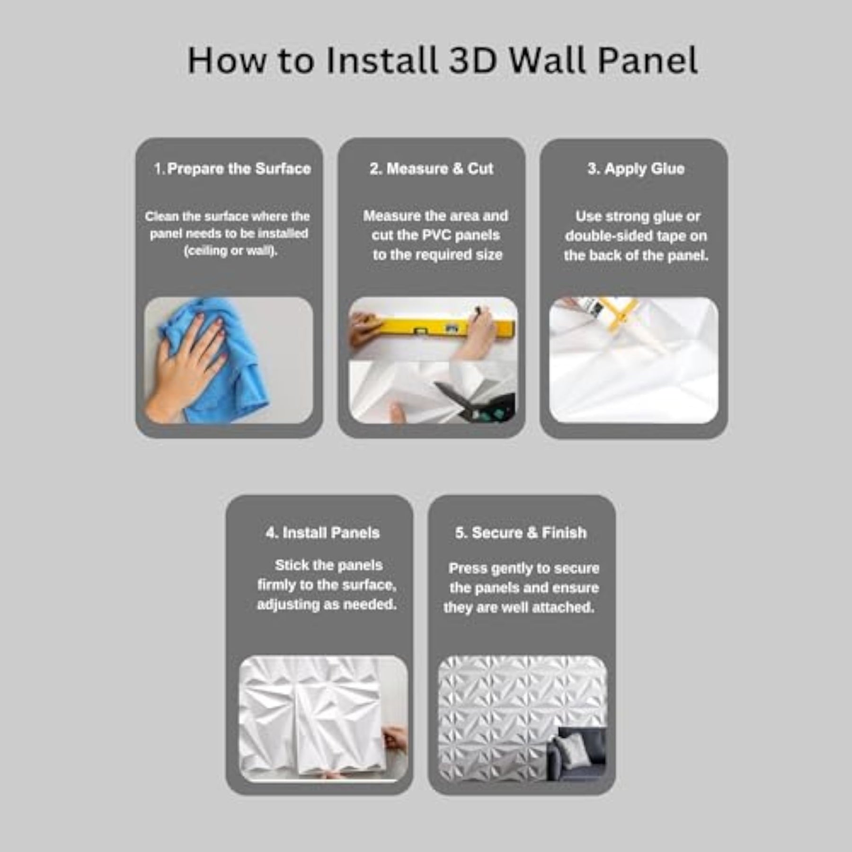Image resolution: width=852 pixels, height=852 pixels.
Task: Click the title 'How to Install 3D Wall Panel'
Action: tap(443, 61)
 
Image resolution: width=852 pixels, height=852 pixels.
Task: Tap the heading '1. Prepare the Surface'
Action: tap(232, 169)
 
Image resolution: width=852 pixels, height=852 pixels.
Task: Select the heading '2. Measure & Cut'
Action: tap(431, 169)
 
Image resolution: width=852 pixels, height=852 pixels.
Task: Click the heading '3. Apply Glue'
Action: tap(636, 169)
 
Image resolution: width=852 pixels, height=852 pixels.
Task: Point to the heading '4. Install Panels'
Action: tap(323, 533)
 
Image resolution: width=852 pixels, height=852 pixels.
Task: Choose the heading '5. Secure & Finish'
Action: tap(521, 533)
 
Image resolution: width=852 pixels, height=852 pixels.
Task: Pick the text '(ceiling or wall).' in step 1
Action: tap(231, 251)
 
